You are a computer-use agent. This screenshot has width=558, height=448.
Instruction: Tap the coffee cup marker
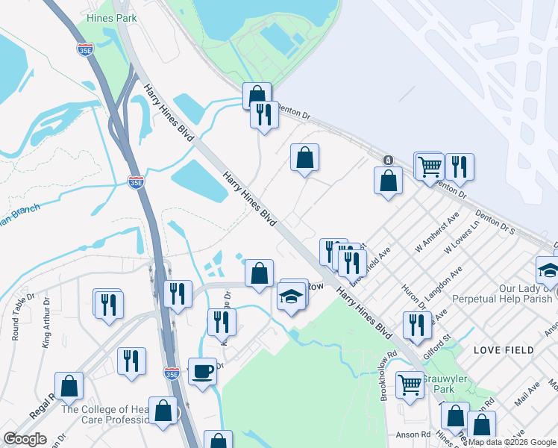coord(201,370)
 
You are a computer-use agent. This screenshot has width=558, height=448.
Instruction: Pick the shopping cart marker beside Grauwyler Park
coord(410,385)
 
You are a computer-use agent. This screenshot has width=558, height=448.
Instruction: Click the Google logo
coord(25,439)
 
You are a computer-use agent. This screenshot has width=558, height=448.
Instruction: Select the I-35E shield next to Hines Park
coord(84,49)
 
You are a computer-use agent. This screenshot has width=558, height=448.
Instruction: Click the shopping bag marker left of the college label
coord(69,386)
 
